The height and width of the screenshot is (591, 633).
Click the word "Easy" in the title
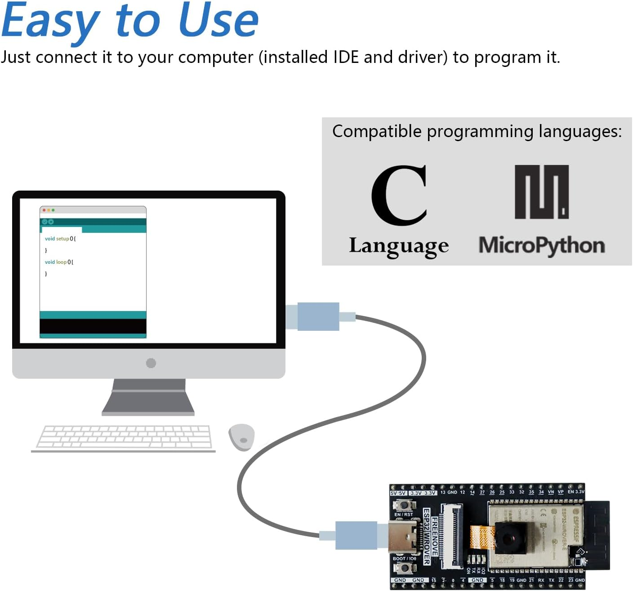click(50, 22)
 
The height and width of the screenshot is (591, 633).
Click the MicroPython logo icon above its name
click(542, 192)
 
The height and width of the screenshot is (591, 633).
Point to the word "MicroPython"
click(542, 246)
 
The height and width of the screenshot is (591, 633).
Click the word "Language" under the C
click(399, 246)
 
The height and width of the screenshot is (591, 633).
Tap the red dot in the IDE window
click(44, 210)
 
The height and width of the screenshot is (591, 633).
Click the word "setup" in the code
click(63, 239)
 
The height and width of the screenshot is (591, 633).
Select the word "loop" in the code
click(61, 262)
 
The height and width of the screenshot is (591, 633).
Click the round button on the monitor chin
click(151, 363)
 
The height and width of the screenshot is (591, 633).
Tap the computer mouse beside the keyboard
click(241, 437)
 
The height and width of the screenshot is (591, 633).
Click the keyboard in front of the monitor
click(124, 437)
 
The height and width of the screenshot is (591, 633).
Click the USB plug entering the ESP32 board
click(356, 535)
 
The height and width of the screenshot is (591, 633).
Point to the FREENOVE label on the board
click(435, 537)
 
